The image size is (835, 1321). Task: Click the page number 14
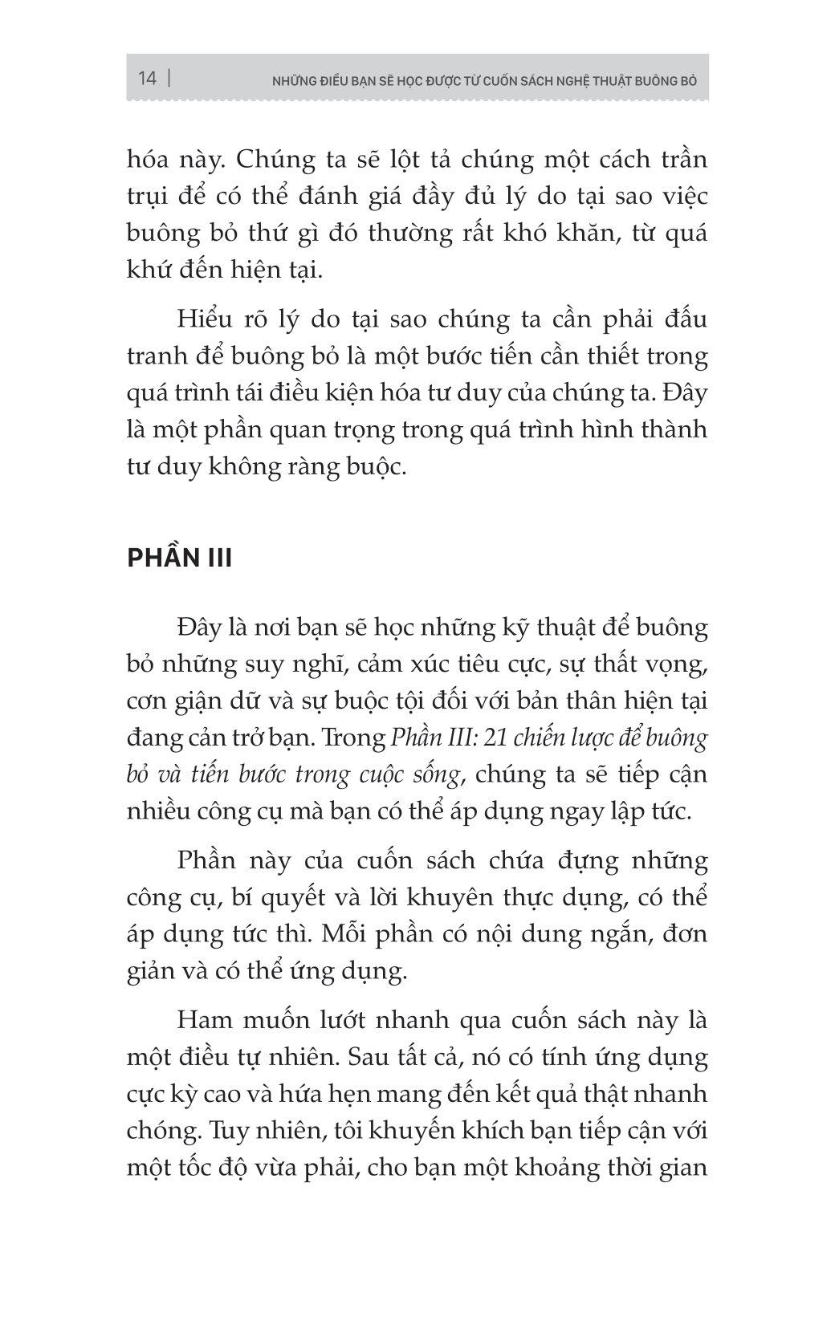147,78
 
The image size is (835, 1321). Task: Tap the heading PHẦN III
179,557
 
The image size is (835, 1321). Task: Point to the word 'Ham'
203,1021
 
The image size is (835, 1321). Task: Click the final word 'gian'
682,1168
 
